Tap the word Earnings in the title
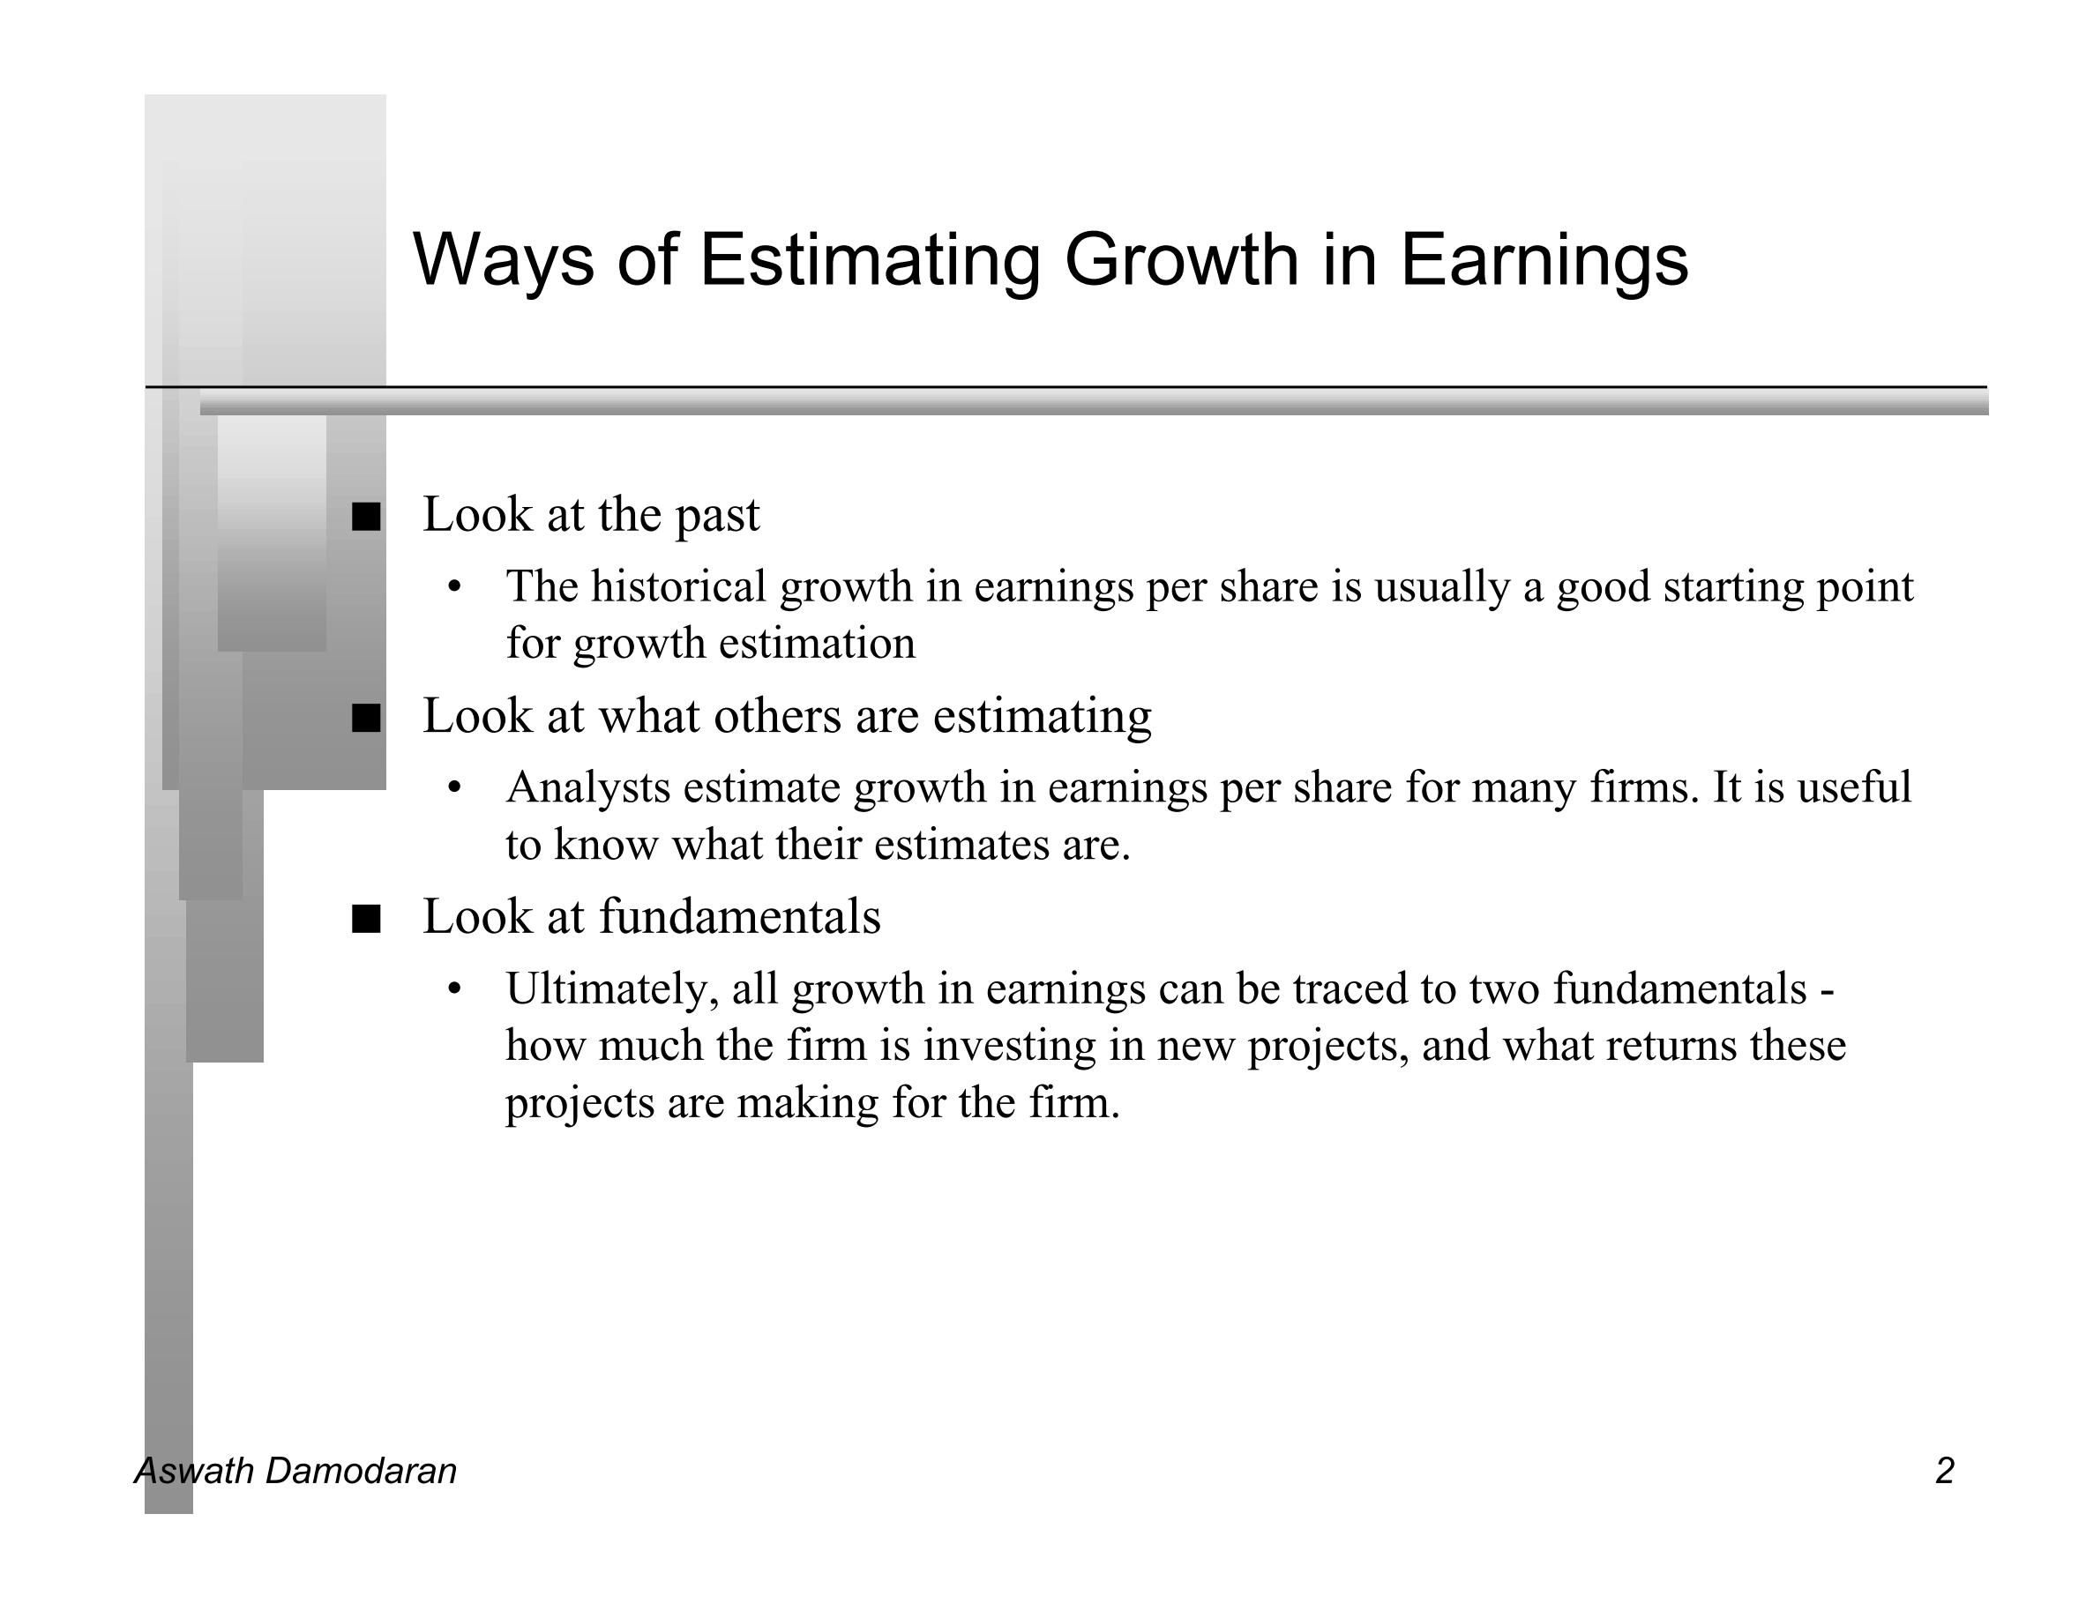(1544, 260)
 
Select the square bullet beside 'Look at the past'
(366, 517)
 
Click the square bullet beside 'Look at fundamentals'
(366, 919)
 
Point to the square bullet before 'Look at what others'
(366, 718)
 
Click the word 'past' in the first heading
(717, 517)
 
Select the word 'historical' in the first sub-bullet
(678, 585)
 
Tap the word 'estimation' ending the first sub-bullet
(817, 643)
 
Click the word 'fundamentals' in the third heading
(740, 916)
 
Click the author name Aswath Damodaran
(296, 1471)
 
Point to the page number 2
(1945, 1471)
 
